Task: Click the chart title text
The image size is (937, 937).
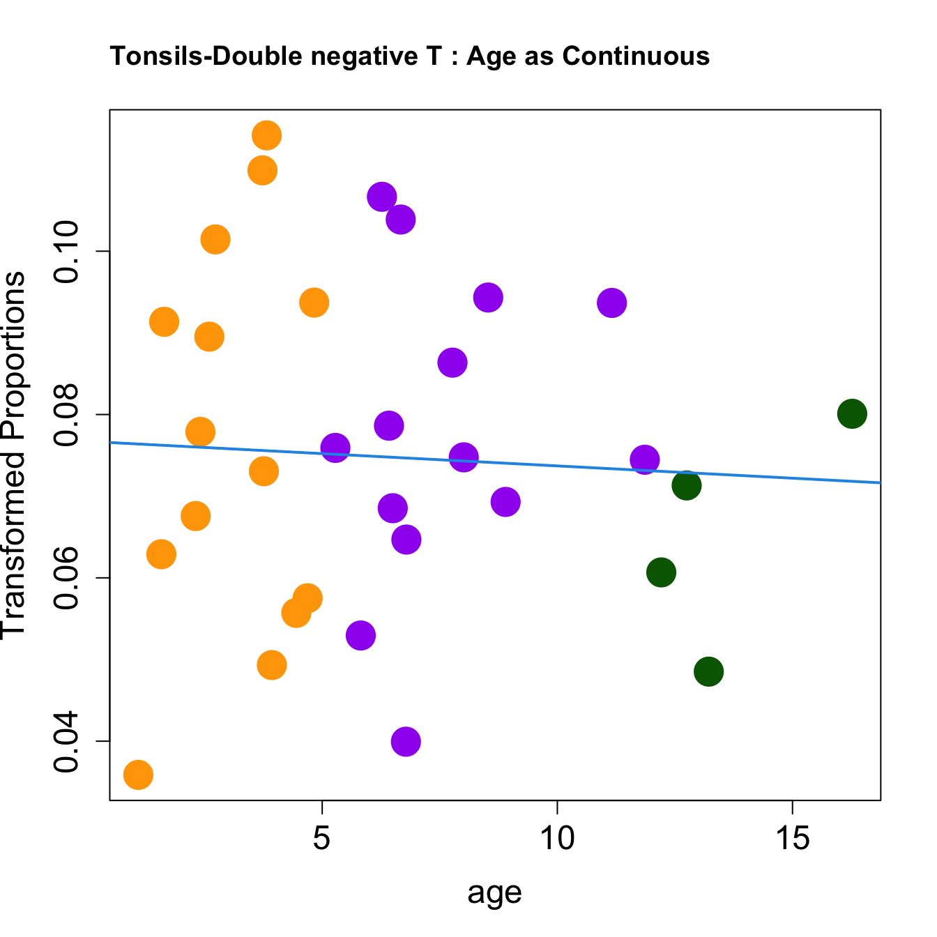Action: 410,56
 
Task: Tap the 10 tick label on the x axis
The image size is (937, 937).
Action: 557,839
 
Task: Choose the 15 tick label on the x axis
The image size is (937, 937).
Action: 793,839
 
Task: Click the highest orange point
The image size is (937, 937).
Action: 266,135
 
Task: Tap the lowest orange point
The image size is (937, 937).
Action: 138,775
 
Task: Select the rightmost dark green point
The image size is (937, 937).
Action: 852,414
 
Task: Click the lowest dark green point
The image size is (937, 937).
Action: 708,672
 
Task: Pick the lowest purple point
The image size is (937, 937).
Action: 406,741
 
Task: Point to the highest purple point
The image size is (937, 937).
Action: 381,197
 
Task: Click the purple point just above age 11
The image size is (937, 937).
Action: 611,303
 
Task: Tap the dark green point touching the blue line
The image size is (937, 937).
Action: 687,485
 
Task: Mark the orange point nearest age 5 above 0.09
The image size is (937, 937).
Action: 314,303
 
